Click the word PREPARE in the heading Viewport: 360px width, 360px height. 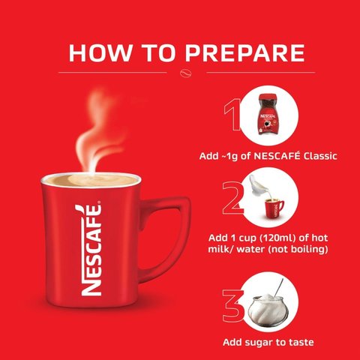tap(244, 53)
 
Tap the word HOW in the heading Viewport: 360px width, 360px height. tap(100, 53)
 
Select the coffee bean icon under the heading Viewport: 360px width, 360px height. tap(186, 73)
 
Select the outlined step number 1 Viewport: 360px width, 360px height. tap(232, 115)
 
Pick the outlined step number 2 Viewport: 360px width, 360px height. tap(232, 198)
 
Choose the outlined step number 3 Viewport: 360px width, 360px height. tap(232, 307)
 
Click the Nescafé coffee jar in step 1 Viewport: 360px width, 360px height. tap(268, 115)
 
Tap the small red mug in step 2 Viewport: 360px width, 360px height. tap(274, 208)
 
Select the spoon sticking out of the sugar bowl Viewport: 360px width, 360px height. tap(279, 287)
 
